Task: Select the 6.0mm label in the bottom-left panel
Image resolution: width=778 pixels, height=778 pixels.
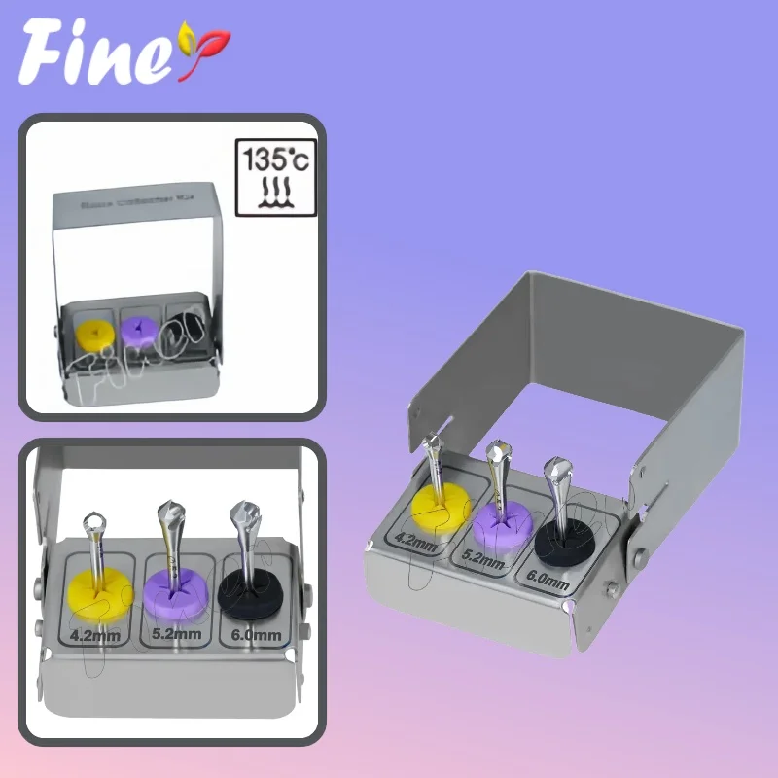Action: (256, 636)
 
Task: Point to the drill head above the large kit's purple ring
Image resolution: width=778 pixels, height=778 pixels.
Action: (499, 453)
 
